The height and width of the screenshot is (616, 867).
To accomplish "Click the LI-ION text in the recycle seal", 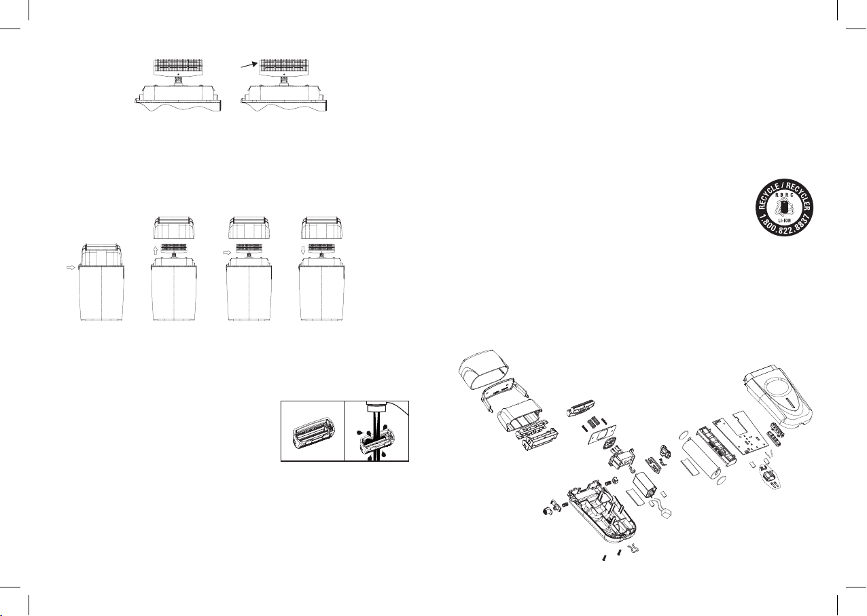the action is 784,221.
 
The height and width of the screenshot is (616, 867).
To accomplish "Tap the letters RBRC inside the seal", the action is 784,195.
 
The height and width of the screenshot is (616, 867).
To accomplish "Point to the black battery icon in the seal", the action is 784,208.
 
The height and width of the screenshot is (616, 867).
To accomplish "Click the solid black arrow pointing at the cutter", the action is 249,65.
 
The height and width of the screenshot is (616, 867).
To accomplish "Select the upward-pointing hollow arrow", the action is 156,250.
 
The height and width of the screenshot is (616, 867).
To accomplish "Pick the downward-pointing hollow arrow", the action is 303,250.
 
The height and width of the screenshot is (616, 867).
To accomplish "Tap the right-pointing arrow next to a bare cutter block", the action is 227,252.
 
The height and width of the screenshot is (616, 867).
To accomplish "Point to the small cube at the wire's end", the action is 666,513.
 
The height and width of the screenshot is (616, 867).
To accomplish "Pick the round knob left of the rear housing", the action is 547,510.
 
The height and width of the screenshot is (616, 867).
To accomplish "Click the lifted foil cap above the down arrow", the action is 322,228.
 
